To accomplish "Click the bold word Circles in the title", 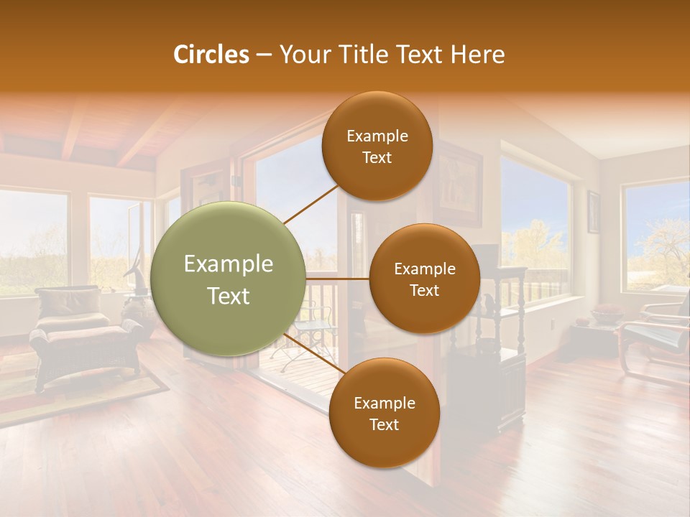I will [211, 55].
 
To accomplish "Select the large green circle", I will [229, 279].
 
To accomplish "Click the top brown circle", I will [377, 146].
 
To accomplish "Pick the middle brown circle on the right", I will [424, 279].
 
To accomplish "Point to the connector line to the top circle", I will [311, 204].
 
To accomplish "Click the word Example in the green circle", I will [229, 264].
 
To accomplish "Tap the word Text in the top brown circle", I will [377, 158].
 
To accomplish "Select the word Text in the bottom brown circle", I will [384, 425].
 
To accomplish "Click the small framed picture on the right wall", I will [593, 211].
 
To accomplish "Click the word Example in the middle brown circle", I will [424, 269].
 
